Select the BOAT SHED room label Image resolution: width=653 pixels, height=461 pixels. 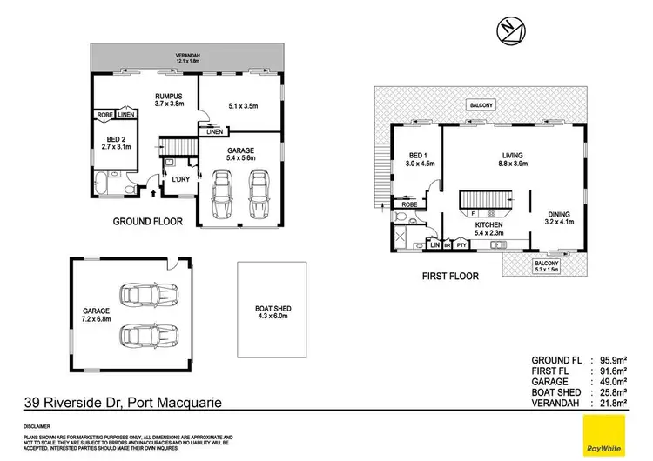273,294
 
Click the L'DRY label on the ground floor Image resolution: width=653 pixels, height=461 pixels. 181,179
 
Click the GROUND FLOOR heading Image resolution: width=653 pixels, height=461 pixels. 148,222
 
